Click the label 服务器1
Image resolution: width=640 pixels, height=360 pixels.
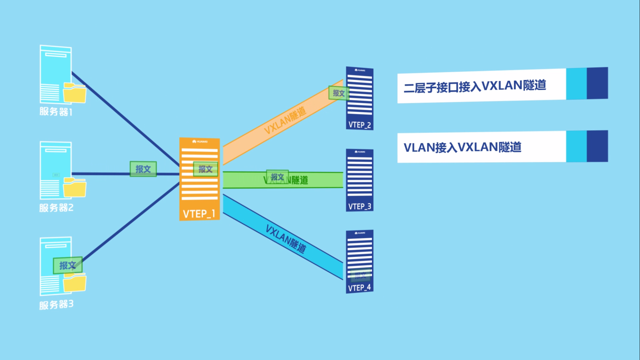click(x=56, y=112)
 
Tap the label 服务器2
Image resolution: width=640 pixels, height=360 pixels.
click(x=56, y=208)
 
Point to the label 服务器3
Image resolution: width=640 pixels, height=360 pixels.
click(x=56, y=304)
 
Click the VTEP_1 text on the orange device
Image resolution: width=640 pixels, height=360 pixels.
click(x=199, y=213)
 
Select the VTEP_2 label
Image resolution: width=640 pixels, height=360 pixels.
click(x=360, y=125)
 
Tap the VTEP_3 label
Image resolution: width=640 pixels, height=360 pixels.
click(x=360, y=206)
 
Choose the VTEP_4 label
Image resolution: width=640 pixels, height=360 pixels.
click(x=360, y=288)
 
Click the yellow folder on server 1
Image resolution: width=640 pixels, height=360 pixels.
click(x=75, y=93)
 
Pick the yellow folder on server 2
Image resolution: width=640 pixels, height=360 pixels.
click(x=75, y=188)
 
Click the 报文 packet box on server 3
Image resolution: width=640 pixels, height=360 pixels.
click(x=67, y=265)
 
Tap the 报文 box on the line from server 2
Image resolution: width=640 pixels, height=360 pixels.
click(x=143, y=169)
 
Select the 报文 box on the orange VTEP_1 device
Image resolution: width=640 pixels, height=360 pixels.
click(x=205, y=169)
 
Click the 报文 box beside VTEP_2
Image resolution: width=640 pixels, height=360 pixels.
click(x=338, y=93)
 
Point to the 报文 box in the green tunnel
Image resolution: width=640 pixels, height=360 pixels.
click(x=277, y=177)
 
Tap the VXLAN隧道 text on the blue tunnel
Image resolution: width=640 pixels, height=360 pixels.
click(x=286, y=239)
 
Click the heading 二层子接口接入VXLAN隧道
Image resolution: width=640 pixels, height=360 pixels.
click(x=475, y=86)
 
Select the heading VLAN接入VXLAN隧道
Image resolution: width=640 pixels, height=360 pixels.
click(x=462, y=147)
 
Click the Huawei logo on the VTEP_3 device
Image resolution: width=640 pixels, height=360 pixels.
click(x=360, y=152)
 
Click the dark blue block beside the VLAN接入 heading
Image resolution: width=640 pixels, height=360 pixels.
click(x=597, y=146)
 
